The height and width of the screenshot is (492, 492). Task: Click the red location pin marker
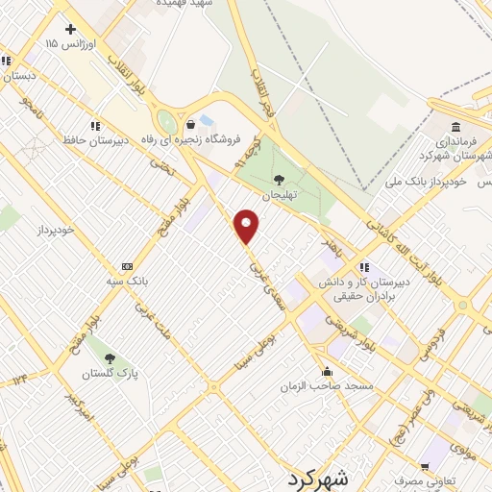(x=248, y=226)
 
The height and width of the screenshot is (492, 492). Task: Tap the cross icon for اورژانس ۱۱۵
(x=70, y=29)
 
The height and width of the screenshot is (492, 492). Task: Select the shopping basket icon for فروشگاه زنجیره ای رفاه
(x=190, y=124)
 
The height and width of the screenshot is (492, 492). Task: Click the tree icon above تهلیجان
(x=280, y=179)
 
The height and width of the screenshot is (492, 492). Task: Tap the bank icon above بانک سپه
(x=127, y=266)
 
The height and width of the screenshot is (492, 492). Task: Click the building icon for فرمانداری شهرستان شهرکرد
(x=455, y=127)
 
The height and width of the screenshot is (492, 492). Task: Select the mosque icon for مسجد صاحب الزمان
(x=327, y=372)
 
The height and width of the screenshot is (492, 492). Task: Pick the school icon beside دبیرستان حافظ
(x=94, y=125)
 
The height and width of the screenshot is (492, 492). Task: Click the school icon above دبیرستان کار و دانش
(x=363, y=266)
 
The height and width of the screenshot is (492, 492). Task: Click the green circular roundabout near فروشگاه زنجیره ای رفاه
(x=167, y=122)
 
